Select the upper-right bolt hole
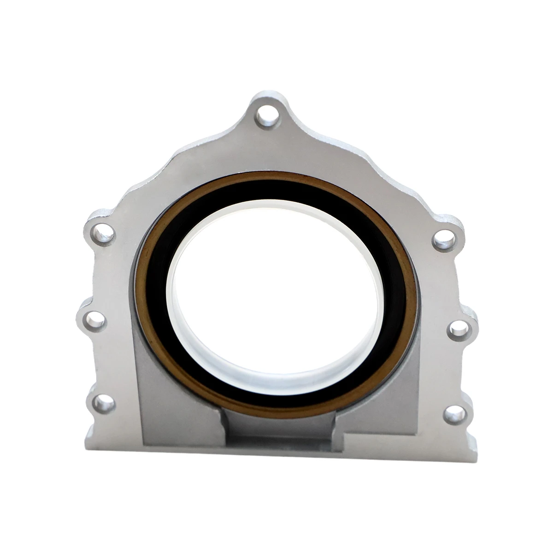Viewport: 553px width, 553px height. coord(442,240)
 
